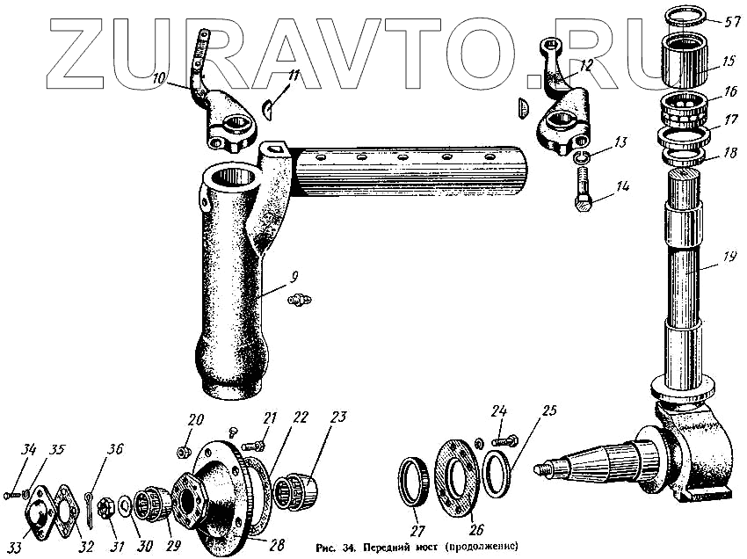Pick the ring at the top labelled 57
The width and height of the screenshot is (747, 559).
click(683, 16)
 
